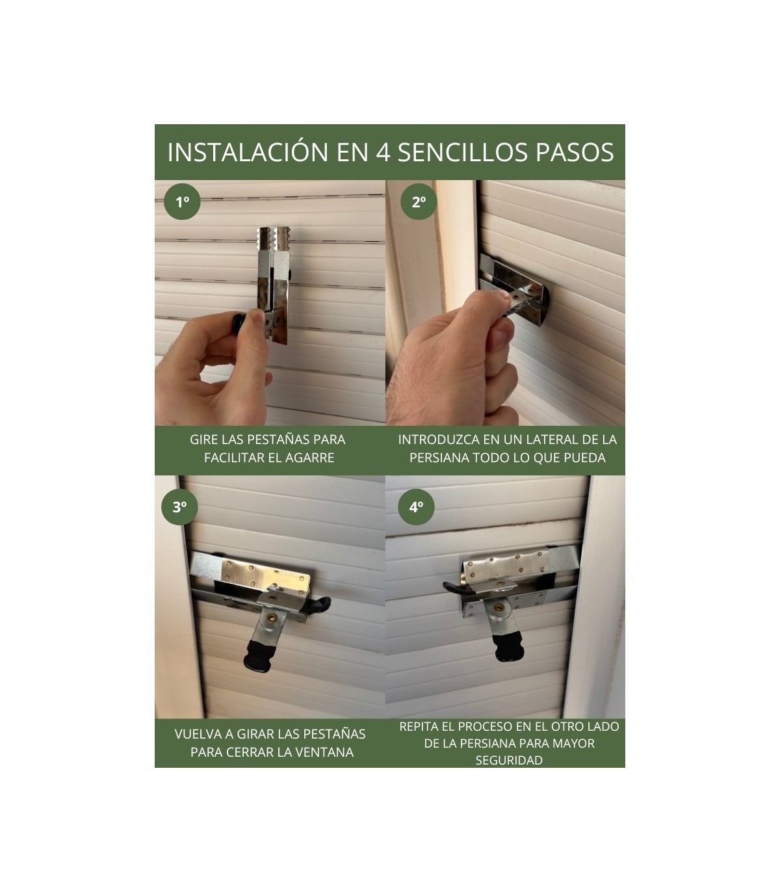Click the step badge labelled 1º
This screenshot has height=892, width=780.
point(183,202)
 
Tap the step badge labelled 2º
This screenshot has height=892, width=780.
point(419,202)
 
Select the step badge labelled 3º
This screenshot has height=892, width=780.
point(179,508)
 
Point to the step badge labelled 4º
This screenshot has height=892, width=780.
point(416,508)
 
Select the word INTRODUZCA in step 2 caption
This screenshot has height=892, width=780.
point(435,439)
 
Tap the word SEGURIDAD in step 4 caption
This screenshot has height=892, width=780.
point(509,760)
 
